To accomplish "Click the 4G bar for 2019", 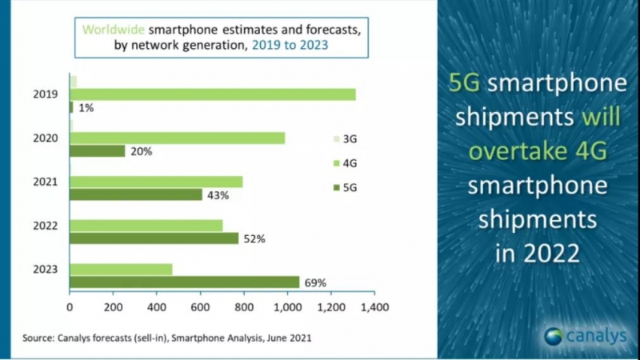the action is coord(213,94).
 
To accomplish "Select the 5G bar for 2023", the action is coord(185,282).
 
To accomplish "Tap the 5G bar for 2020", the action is coord(98,151).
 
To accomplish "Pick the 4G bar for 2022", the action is coord(146,226).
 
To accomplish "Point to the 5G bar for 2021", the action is coord(136,194).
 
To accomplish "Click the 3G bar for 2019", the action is coord(74,82).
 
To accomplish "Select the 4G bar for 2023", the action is coord(121,270).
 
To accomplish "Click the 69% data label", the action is coord(315,283).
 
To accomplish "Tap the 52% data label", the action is coord(254,239).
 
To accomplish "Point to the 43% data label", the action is coord(218,195).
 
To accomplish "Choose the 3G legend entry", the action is coord(346,139).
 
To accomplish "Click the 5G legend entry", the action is coord(346,188).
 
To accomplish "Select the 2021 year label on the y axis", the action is coord(46,182).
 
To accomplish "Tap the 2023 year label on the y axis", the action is coord(46,270).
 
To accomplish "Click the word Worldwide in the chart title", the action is coord(114,30).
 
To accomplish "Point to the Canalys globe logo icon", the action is coord(554,337).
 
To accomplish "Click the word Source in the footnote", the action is coord(37,338).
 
